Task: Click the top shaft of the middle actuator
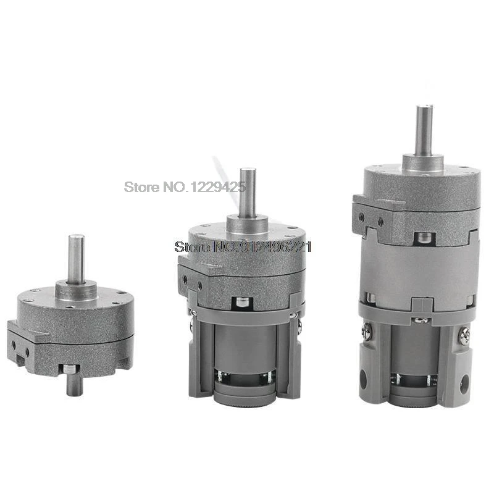(x=248, y=191)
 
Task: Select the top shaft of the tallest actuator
(x=424, y=130)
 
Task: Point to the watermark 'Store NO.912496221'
(x=243, y=247)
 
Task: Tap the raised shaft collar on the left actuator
(x=76, y=288)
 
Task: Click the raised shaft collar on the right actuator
(x=424, y=162)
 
